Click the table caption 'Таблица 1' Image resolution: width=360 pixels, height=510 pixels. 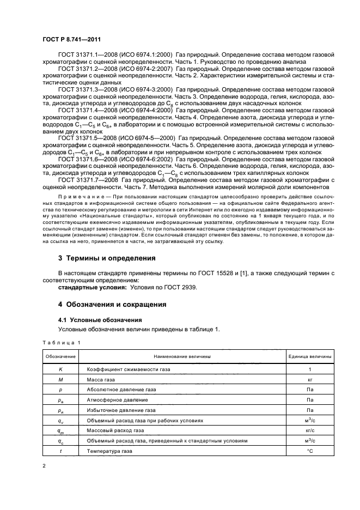click(x=61, y=342)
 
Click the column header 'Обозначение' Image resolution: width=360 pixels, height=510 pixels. click(x=61, y=356)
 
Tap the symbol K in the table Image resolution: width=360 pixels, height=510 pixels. click(x=61, y=369)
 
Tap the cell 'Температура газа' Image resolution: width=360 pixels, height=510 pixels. click(x=109, y=451)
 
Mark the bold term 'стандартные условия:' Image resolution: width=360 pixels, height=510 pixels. click(x=92, y=287)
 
